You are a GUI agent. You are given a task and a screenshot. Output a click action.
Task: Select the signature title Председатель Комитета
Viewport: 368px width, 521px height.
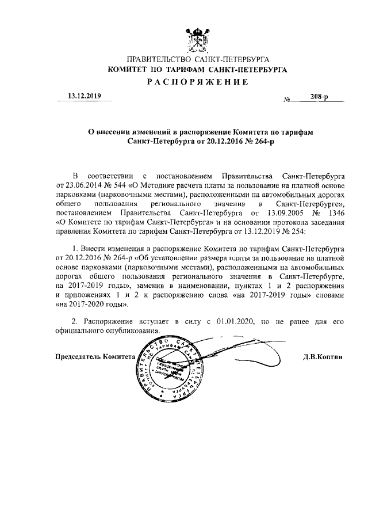pos(95,357)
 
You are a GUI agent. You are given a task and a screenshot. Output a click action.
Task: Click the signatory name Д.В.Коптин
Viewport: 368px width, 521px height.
pos(323,357)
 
